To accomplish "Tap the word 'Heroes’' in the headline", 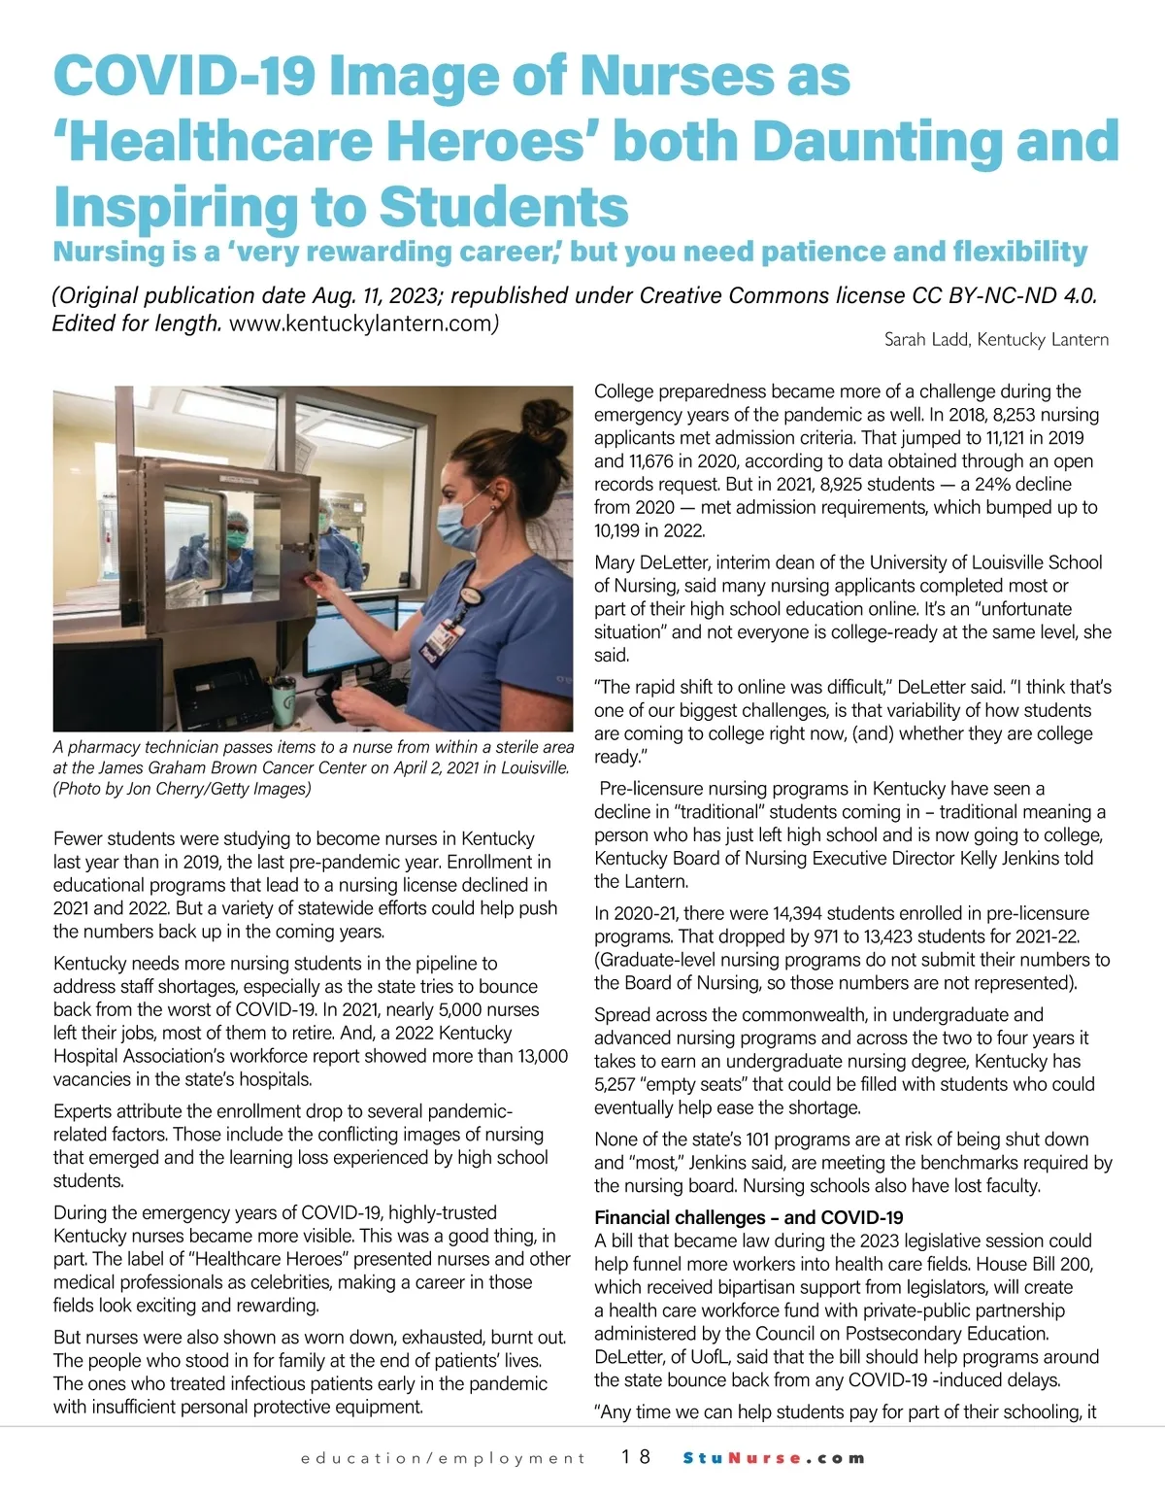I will pyautogui.click(x=493, y=142).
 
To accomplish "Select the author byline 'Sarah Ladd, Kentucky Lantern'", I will pyautogui.click(x=996, y=339).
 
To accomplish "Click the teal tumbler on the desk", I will pyautogui.click(x=283, y=694).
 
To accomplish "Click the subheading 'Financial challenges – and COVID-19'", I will pyautogui.click(x=749, y=1217).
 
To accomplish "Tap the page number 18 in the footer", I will pyautogui.click(x=637, y=1457).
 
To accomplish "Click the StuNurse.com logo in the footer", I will pyautogui.click(x=774, y=1457).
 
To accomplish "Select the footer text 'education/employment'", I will pyautogui.click(x=444, y=1458).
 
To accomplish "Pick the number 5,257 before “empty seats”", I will pyautogui.click(x=615, y=1084).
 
